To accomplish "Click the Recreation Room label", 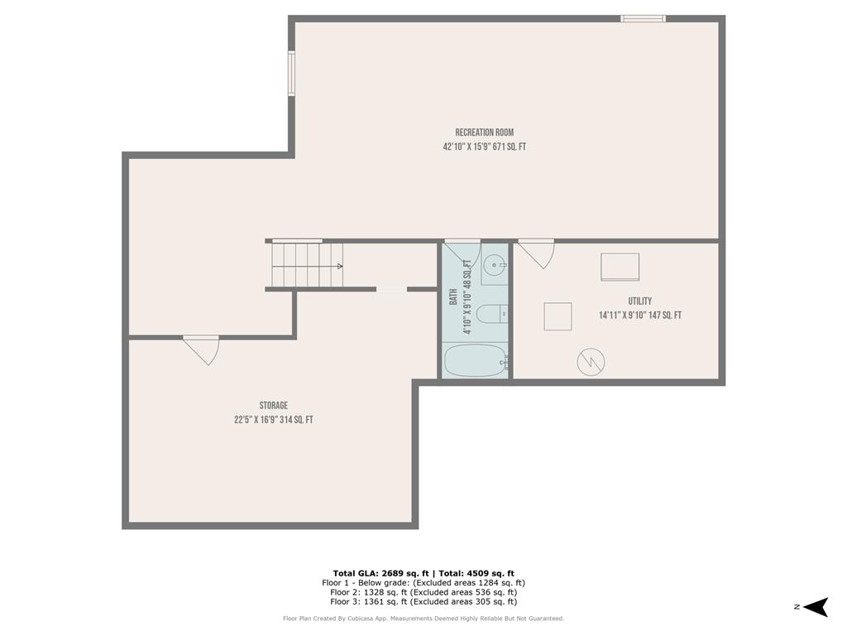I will click(485, 132).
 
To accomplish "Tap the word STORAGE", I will click(273, 405).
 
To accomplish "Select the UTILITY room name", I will click(639, 301).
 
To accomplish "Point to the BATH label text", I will click(453, 296).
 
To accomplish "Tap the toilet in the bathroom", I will click(491, 314).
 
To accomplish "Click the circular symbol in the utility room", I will click(591, 361).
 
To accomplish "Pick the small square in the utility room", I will click(557, 316).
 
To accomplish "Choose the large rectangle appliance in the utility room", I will click(620, 267).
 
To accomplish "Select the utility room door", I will click(536, 253).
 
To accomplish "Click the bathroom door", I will click(461, 251).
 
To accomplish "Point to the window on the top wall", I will click(643, 18).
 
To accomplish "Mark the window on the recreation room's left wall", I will click(291, 74).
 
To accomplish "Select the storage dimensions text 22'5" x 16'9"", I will click(273, 420).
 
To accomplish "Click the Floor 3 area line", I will click(423, 601).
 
